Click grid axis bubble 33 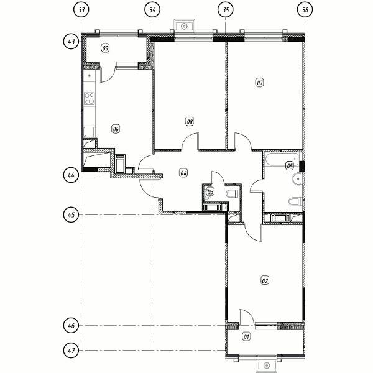click(x=81, y=10)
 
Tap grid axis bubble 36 click(x=305, y=10)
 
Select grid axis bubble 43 click(x=71, y=42)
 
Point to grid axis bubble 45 click(x=71, y=215)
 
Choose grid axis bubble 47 click(x=71, y=351)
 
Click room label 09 click(x=105, y=48)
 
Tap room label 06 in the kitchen click(x=116, y=129)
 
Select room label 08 click(x=190, y=122)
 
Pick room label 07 click(x=260, y=83)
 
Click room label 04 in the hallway click(x=183, y=173)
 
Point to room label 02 click(x=265, y=280)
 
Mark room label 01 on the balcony click(x=246, y=337)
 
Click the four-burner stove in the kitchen click(x=90, y=98)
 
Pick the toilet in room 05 click(x=295, y=201)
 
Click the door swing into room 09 click(x=108, y=75)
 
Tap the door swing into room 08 click(x=190, y=141)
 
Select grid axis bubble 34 click(x=152, y=10)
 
